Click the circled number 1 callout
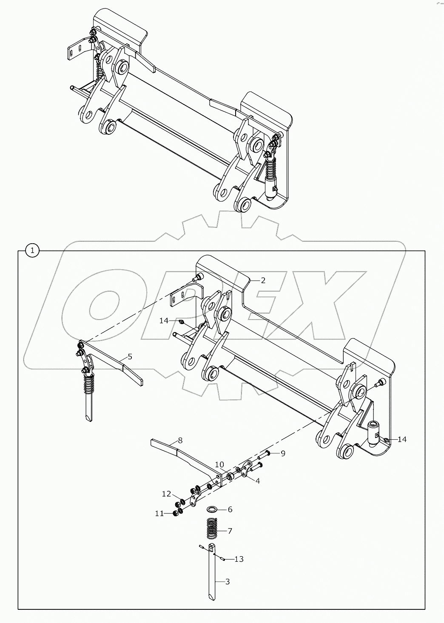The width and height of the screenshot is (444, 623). click(x=32, y=250)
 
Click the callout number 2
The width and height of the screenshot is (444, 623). click(x=263, y=280)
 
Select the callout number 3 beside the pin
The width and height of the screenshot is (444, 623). click(x=228, y=581)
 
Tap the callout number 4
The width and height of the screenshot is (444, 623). click(x=258, y=481)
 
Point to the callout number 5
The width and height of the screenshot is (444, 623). click(x=130, y=357)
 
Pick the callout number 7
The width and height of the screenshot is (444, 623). click(x=230, y=531)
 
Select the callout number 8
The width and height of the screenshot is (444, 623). click(x=180, y=440)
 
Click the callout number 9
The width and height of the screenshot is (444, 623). click(x=282, y=453)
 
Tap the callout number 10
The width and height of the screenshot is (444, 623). click(x=219, y=465)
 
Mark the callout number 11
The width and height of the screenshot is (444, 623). click(x=159, y=514)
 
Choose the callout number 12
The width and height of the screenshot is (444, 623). click(x=166, y=494)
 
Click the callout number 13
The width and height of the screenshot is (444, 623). click(x=239, y=559)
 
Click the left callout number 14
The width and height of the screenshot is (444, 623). click(x=164, y=321)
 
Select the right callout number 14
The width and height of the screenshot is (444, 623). click(x=402, y=439)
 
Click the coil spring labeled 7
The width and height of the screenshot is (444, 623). click(x=212, y=529)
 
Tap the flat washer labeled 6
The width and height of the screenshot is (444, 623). click(x=212, y=509)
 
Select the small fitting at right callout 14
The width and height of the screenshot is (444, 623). click(x=387, y=440)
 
